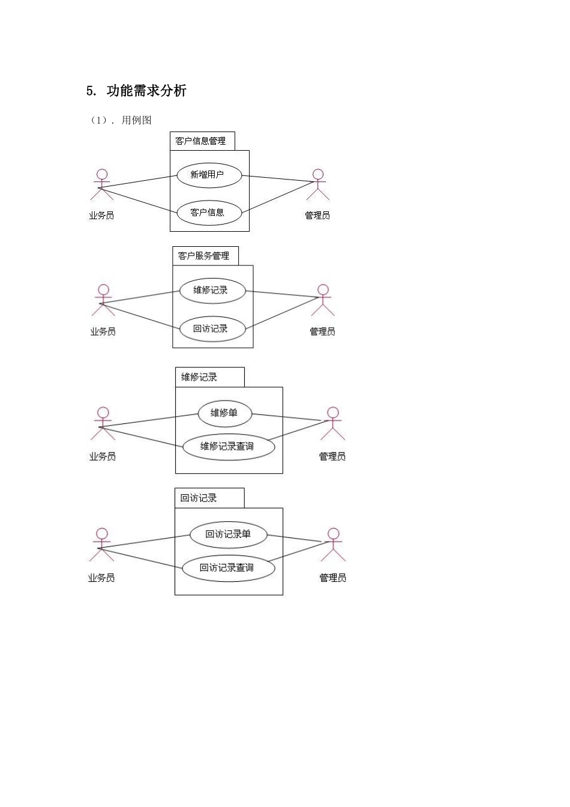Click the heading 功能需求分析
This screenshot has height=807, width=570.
point(146,91)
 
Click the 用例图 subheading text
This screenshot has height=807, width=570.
point(136,120)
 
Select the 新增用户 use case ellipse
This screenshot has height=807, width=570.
point(209,175)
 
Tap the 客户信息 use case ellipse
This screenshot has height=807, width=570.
point(209,213)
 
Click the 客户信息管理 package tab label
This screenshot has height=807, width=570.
point(200,141)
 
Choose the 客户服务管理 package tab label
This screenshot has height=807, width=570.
point(203,256)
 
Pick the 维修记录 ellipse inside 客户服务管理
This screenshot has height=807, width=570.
point(213,291)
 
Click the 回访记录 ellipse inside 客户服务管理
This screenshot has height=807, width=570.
point(213,328)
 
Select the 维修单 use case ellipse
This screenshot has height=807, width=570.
point(225,414)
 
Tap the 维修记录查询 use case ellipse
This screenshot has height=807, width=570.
point(229,447)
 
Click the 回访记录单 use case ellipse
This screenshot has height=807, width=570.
point(229,534)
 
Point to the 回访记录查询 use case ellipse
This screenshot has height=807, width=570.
point(229,569)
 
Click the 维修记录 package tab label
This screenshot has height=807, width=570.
point(199,377)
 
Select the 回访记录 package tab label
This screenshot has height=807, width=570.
point(199,498)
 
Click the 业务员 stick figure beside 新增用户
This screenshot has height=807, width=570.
point(102,184)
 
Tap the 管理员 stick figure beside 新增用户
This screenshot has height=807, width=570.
point(318,184)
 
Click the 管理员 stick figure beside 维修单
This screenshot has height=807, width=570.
point(333,424)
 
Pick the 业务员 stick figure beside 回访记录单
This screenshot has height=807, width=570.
point(102,545)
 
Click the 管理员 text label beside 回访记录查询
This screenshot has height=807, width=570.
point(333,578)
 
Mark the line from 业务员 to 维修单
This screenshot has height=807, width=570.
point(149,420)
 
